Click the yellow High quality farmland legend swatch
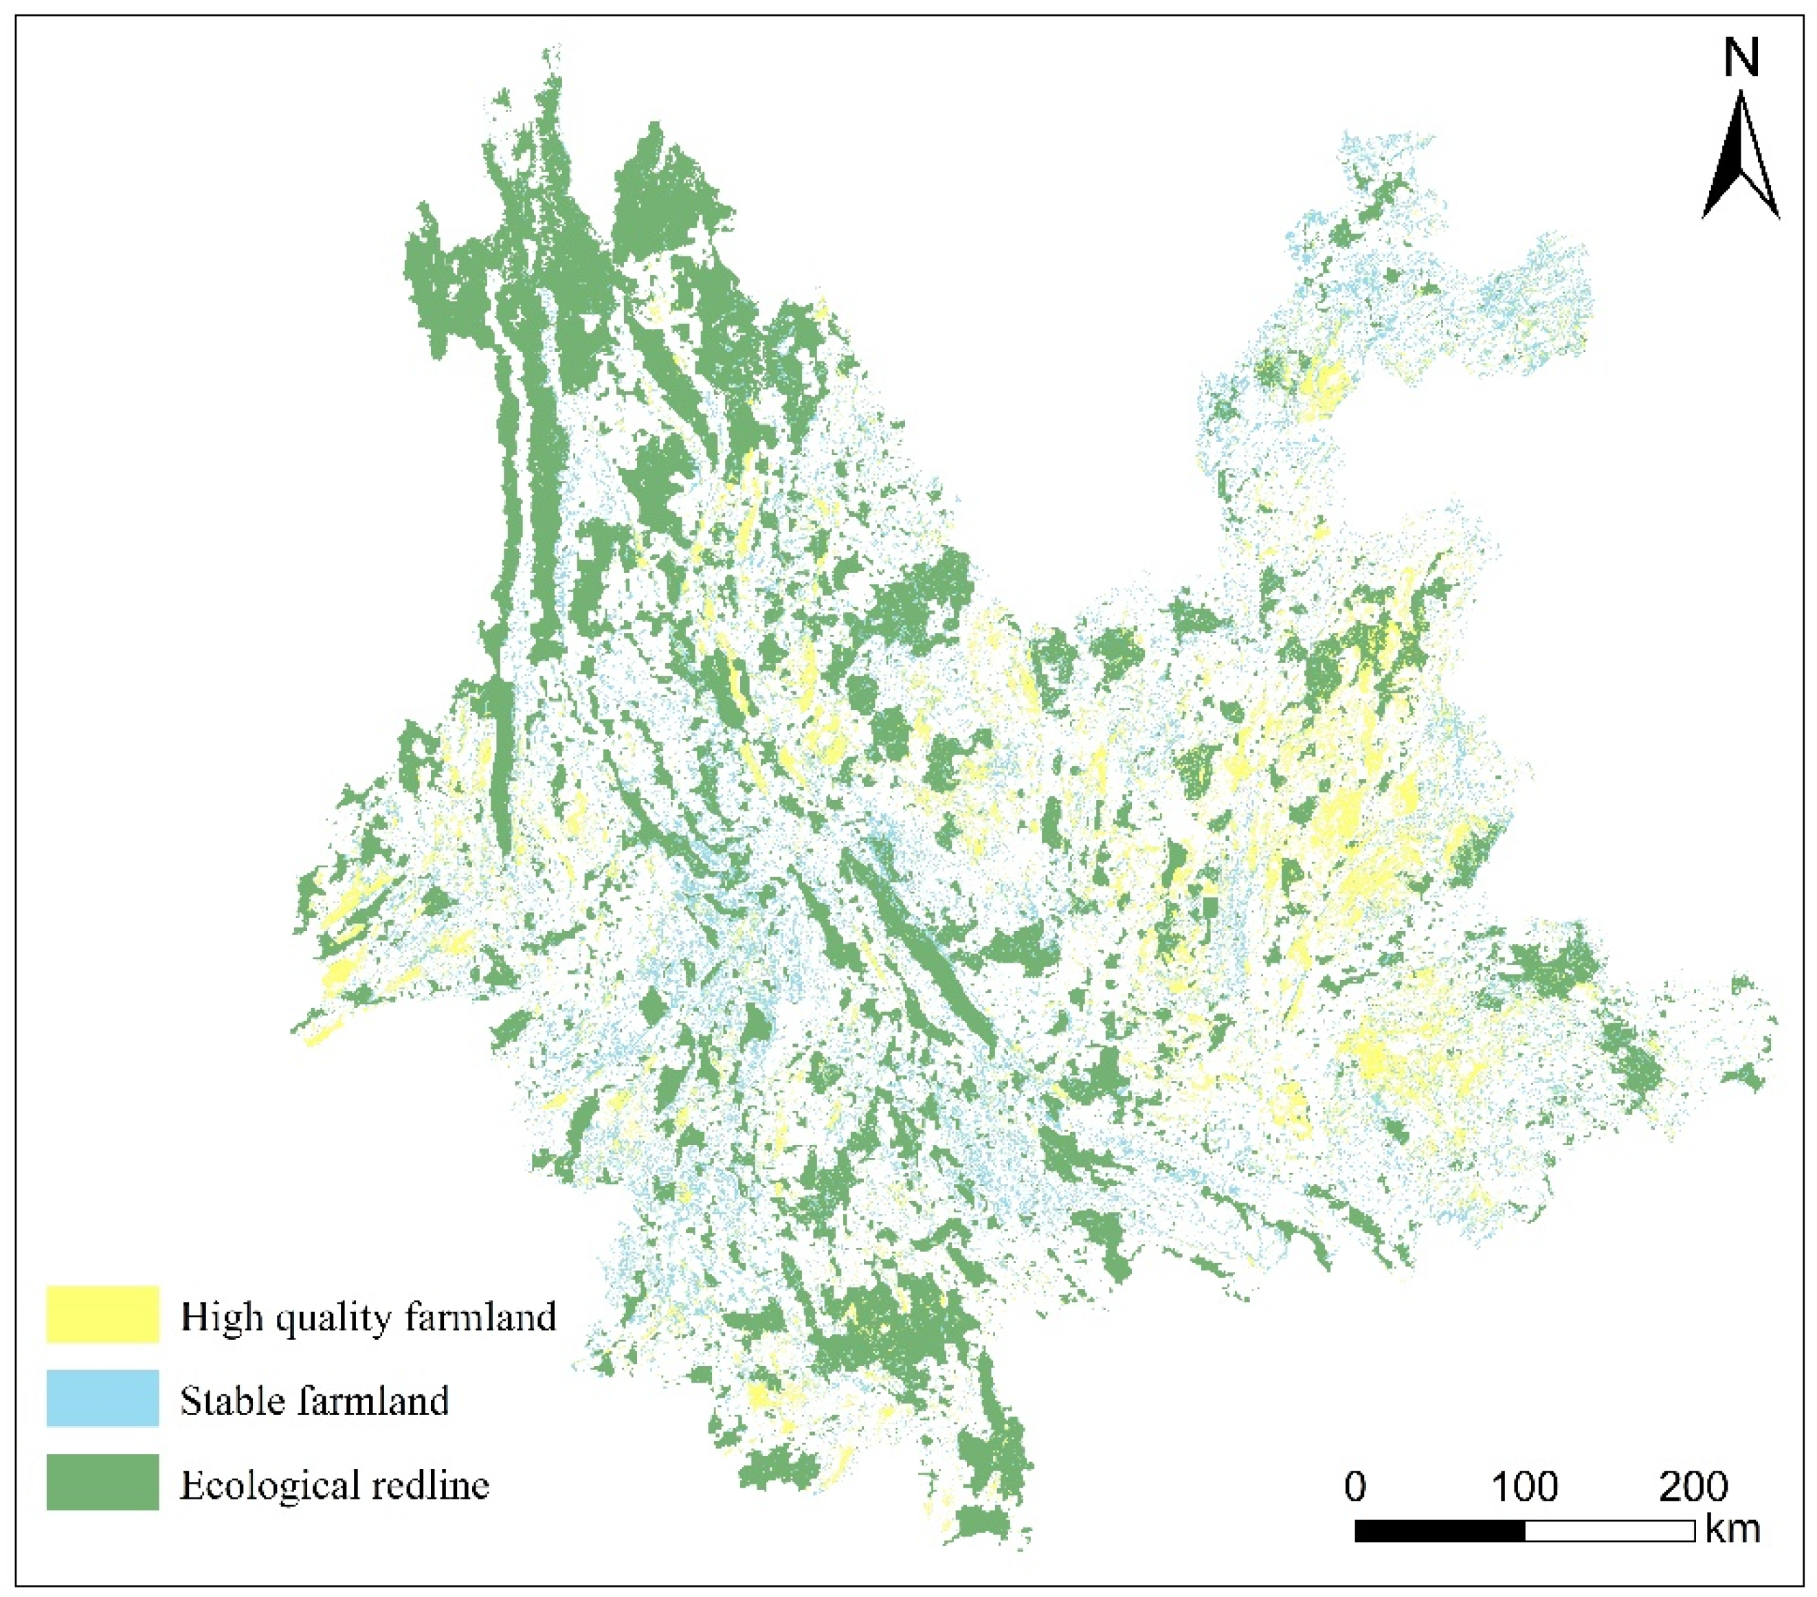click(x=102, y=1313)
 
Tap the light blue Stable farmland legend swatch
click(x=102, y=1398)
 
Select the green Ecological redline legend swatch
click(x=102, y=1482)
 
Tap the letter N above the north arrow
click(x=1741, y=60)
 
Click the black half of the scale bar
click(x=1440, y=1530)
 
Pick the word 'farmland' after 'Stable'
click(x=372, y=1400)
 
